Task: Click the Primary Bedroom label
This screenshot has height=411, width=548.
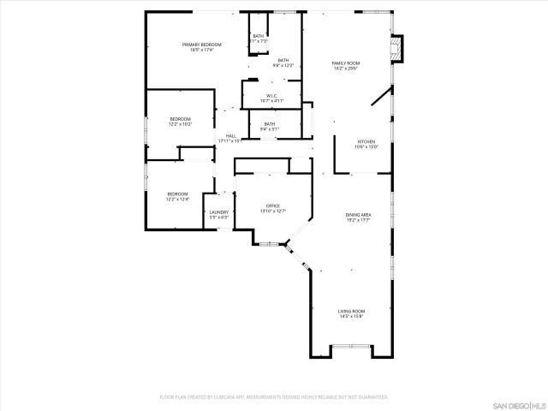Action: pos(201,45)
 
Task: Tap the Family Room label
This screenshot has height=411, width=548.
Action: pos(345,63)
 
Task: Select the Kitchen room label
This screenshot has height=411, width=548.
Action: pos(366,140)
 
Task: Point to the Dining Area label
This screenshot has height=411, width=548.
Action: pos(358,214)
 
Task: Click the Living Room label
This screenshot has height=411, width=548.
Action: pos(351,311)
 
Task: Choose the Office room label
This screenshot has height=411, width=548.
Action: pos(273,205)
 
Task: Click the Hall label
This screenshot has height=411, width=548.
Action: pos(231,135)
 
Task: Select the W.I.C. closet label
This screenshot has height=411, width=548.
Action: pos(271,95)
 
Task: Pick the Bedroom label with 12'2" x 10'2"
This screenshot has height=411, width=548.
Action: pos(180,119)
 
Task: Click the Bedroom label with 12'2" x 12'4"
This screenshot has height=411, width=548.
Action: pos(177,194)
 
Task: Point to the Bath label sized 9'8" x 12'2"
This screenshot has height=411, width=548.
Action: pos(283,60)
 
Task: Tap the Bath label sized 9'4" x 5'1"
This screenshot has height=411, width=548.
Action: pos(270,124)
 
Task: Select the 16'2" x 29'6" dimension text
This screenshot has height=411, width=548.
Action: pos(345,68)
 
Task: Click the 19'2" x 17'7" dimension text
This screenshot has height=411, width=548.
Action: pos(358,220)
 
